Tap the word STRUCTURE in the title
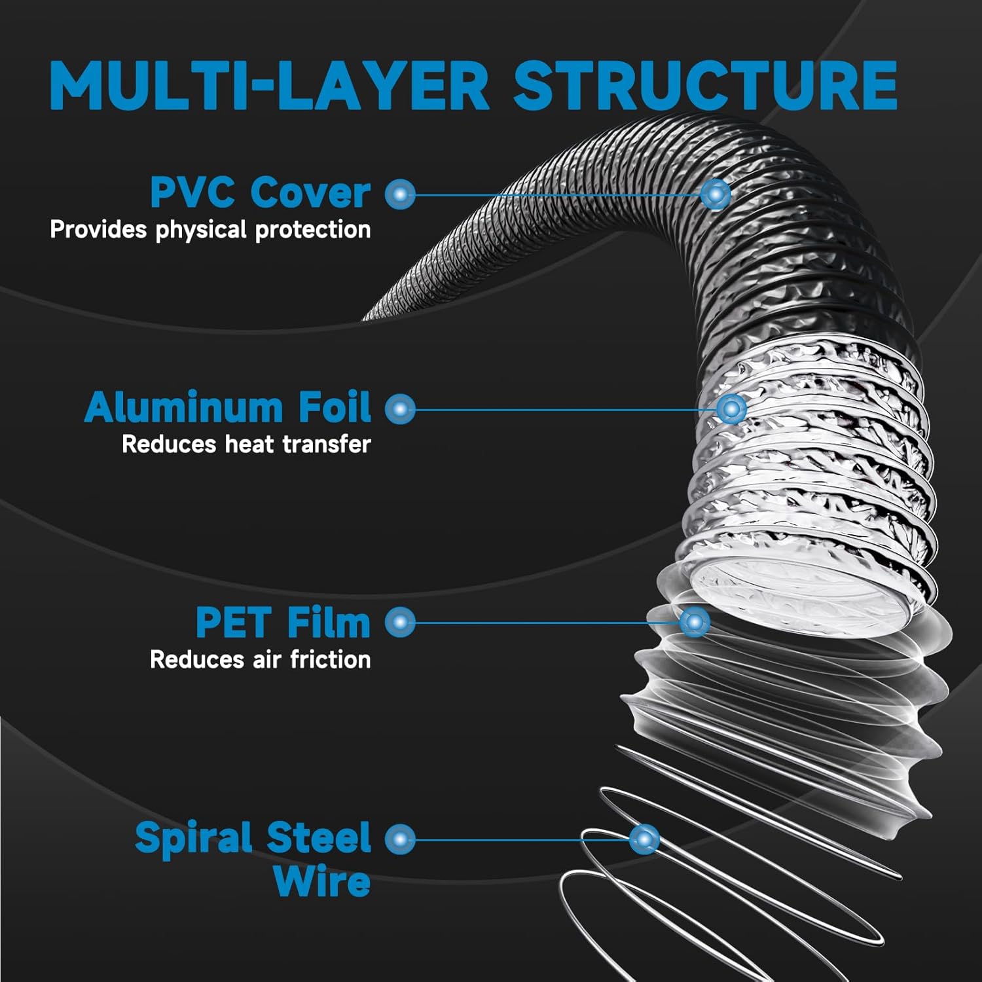(705, 85)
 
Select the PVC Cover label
(261, 193)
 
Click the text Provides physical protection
(210, 230)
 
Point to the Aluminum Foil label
(228, 407)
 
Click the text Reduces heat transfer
(246, 444)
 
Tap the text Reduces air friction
(261, 659)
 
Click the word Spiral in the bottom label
(194, 839)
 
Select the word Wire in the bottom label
(322, 881)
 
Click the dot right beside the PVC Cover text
(400, 194)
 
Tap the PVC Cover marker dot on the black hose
(715, 194)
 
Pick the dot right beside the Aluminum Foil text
(400, 409)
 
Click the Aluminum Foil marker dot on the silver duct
(731, 409)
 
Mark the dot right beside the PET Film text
(400, 622)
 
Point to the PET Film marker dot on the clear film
(695, 621)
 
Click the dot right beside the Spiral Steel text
(400, 839)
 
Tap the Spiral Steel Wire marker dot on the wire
(644, 839)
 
